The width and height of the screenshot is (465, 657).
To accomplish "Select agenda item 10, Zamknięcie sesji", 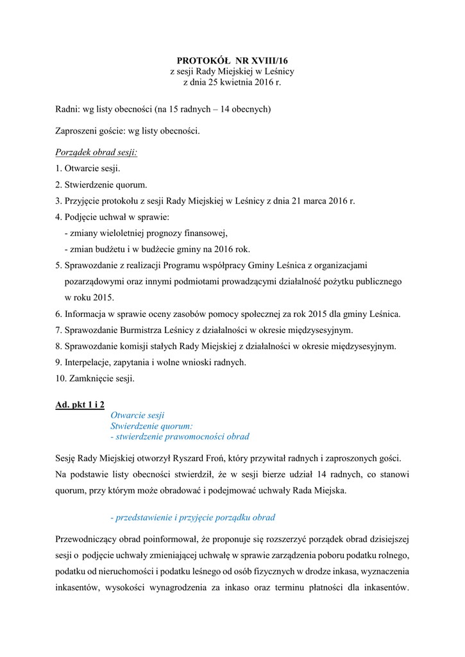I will tap(95, 379).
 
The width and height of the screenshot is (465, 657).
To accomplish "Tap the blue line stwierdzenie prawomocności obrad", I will tap(180, 436).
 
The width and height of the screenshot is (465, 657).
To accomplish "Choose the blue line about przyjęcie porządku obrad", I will tap(192, 517).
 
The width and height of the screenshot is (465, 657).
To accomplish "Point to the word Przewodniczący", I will tap(86, 538).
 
